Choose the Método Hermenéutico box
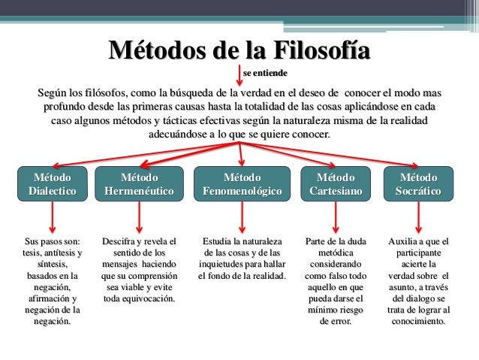click(140, 184)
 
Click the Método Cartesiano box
click(336, 184)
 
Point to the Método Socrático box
click(419, 184)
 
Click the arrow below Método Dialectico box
click(53, 217)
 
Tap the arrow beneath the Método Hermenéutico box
click(140, 217)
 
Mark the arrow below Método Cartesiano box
click(336, 217)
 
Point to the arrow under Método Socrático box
click(420, 217)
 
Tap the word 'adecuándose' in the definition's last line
click(182, 135)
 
